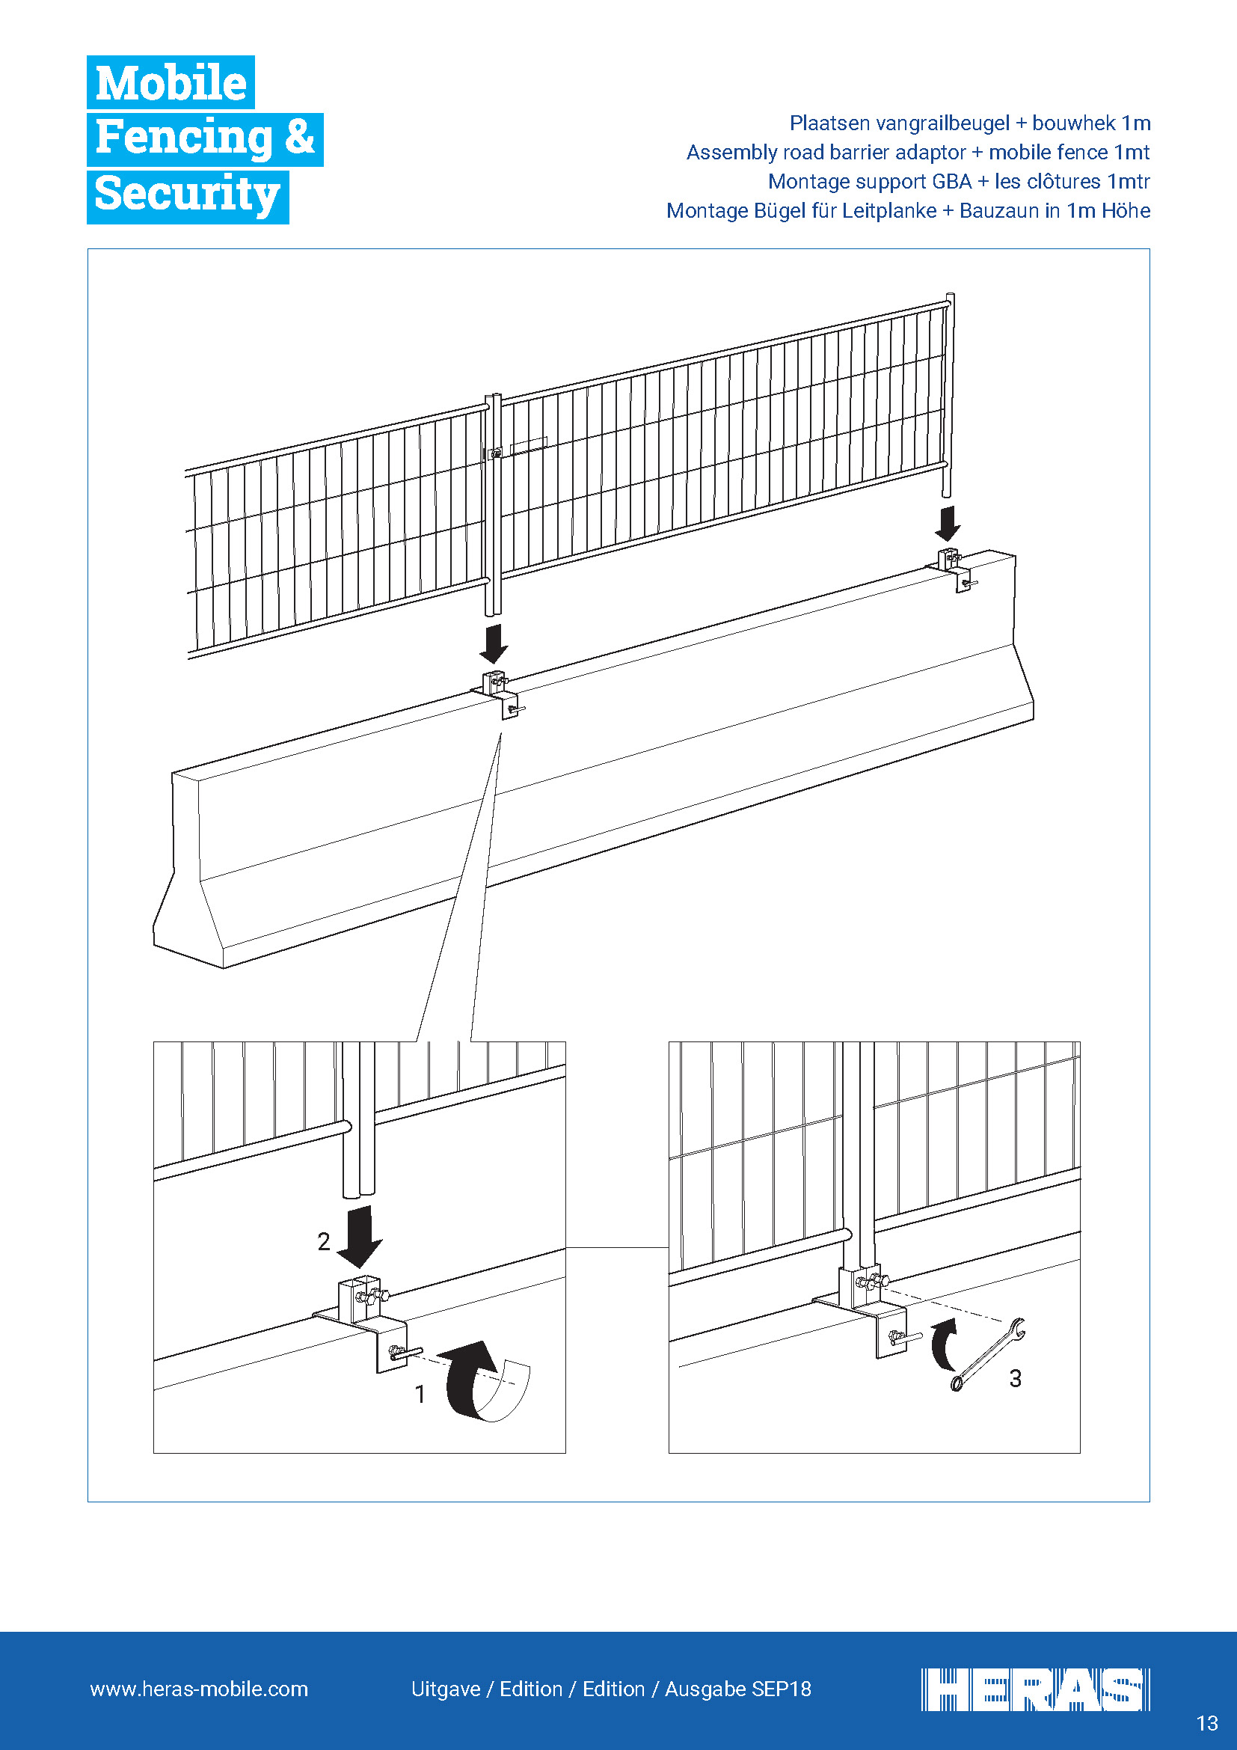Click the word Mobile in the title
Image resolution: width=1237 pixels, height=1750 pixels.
tap(171, 82)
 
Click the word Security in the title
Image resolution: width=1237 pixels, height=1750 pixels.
tap(188, 195)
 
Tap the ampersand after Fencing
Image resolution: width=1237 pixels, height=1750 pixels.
tap(299, 137)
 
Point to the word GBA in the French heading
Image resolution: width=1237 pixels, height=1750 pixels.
tap(952, 182)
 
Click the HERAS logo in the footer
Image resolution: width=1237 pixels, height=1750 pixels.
tap(1035, 1689)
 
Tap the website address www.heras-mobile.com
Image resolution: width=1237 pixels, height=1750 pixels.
tap(199, 1689)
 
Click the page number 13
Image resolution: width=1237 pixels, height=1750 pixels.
tap(1207, 1723)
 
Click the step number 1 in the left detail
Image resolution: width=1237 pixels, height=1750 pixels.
tap(420, 1394)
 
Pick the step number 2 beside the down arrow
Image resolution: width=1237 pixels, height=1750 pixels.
tap(324, 1242)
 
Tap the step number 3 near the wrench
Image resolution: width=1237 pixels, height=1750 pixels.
tap(1016, 1378)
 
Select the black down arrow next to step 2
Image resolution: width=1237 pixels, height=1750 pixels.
tap(360, 1236)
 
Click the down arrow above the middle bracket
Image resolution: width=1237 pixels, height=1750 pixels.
tap(494, 644)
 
